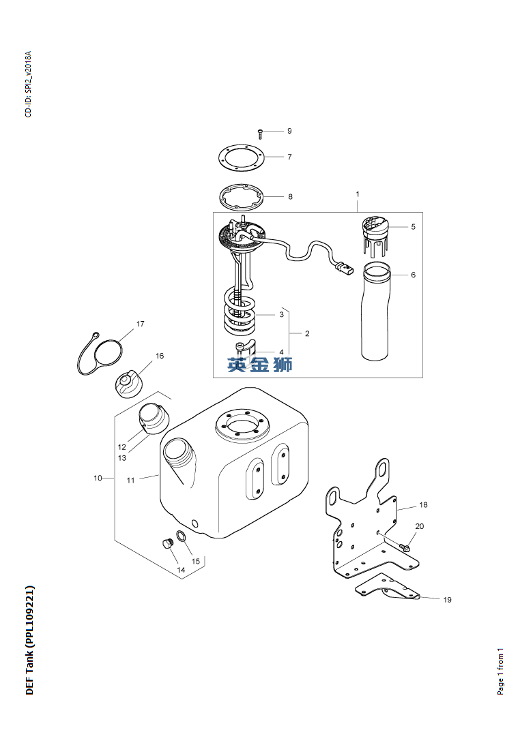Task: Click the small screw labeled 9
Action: [x=260, y=134]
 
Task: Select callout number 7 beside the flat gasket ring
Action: [x=289, y=157]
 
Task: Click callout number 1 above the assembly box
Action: [x=358, y=194]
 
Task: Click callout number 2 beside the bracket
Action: [x=307, y=333]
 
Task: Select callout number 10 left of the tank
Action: [x=98, y=478]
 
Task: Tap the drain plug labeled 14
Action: [x=167, y=543]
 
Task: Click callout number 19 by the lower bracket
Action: [x=447, y=600]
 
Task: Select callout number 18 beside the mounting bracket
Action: [x=423, y=504]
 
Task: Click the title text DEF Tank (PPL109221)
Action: [x=30, y=640]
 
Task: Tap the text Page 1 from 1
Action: [x=500, y=671]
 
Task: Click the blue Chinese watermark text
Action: [x=259, y=365]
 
